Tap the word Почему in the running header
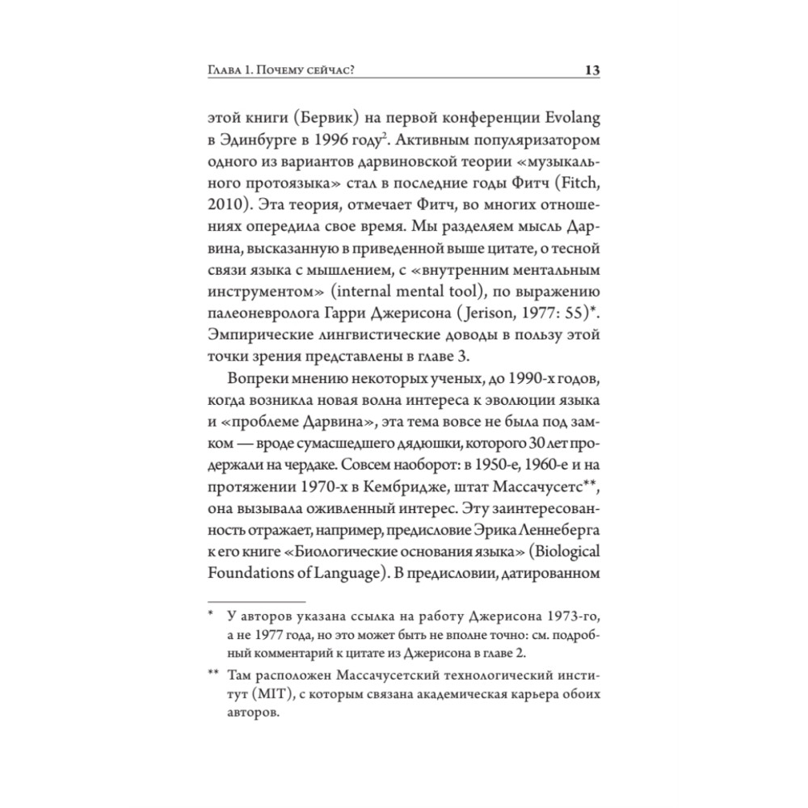(x=282, y=72)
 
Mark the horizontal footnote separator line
(x=257, y=601)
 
